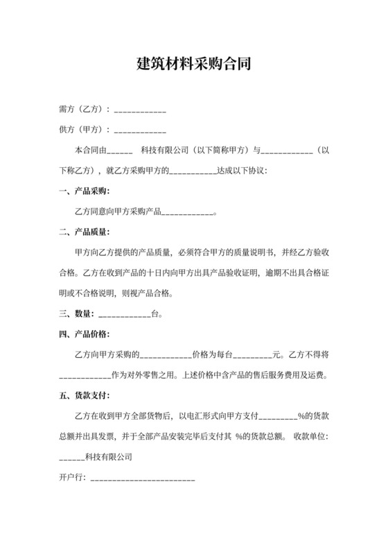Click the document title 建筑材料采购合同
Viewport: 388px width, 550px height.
193,66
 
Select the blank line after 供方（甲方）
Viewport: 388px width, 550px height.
139,130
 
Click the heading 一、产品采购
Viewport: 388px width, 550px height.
84,191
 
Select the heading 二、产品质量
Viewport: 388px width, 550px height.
84,232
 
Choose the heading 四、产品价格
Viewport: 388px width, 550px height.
84,334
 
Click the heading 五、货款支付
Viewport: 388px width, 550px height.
84,396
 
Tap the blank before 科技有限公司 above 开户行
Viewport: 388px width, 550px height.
71,459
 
